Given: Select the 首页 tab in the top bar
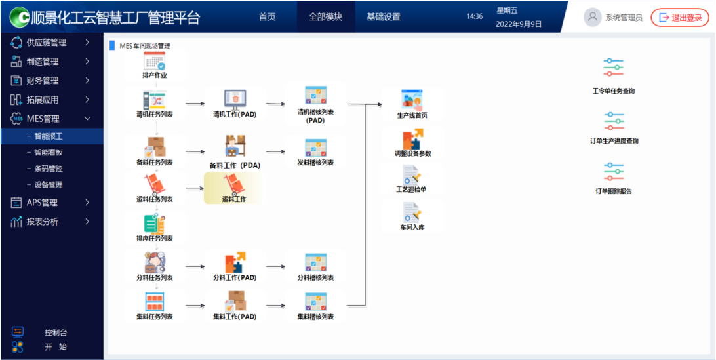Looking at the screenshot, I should [x=268, y=17].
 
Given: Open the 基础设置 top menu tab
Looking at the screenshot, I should [x=383, y=17].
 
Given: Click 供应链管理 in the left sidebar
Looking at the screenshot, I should [x=47, y=43].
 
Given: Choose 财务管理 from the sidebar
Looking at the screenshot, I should [x=43, y=81].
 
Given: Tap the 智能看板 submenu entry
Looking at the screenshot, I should [x=49, y=152].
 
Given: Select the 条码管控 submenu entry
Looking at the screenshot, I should [x=49, y=169].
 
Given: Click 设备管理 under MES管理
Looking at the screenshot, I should [x=49, y=185].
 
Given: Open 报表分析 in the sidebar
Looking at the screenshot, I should [x=43, y=222].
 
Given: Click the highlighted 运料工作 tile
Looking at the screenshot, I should [x=233, y=188].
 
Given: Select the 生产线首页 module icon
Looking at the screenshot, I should [x=412, y=100].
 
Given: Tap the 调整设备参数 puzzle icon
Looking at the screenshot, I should [x=412, y=139].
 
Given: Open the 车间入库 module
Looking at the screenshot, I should [x=412, y=211].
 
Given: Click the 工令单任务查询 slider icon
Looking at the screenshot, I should [x=613, y=68].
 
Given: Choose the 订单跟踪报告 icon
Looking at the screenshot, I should [x=613, y=172].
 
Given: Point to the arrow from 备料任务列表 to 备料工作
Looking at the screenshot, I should [x=195, y=151].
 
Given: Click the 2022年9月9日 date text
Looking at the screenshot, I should [x=519, y=24].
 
